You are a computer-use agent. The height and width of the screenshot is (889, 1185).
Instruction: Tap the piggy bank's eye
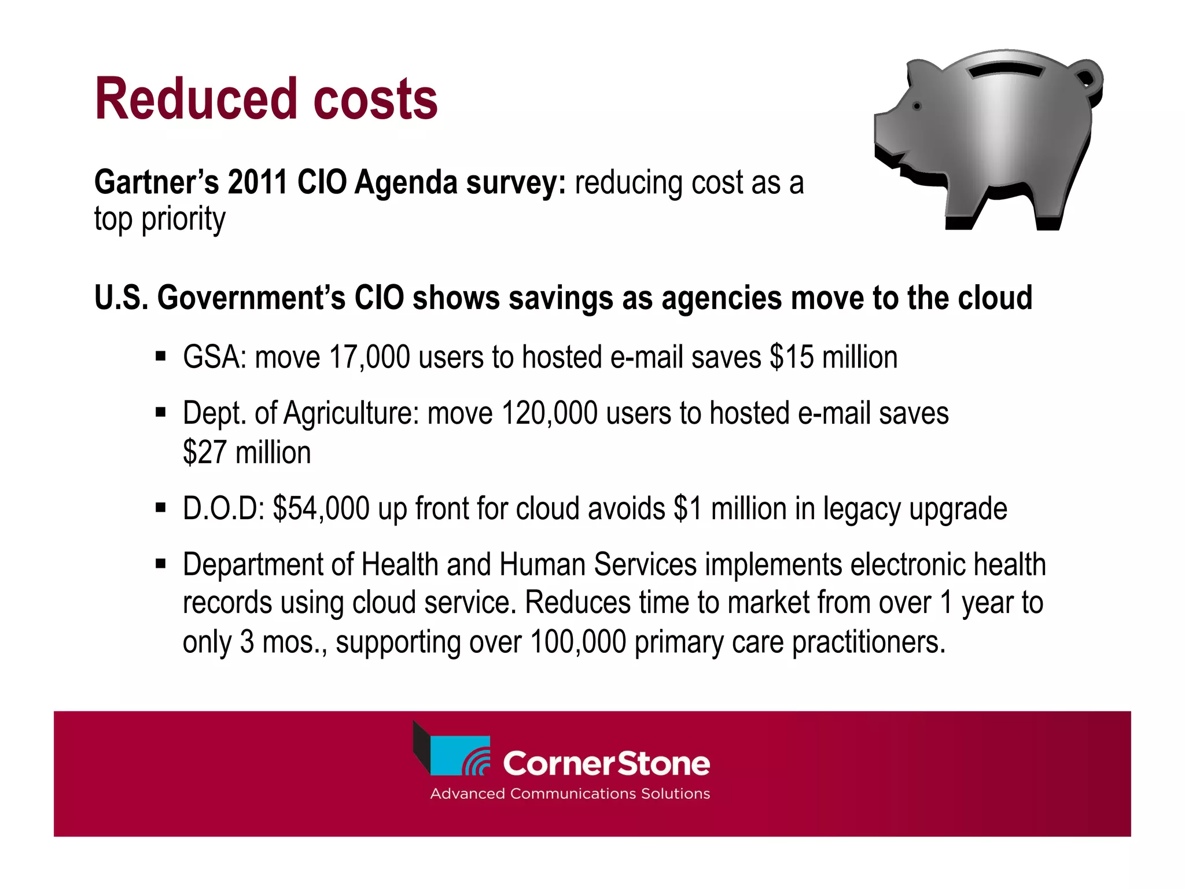point(917,106)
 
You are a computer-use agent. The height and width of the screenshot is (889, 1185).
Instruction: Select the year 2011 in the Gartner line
point(257,183)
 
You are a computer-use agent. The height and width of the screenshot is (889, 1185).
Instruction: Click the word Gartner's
point(157,183)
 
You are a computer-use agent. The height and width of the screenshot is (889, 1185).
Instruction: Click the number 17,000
point(369,357)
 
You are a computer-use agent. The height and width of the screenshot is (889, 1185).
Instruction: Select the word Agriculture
point(351,414)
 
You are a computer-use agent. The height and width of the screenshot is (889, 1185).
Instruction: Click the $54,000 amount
point(321,509)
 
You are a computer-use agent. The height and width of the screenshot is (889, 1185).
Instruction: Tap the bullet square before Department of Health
point(161,563)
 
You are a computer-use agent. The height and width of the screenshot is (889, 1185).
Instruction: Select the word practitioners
point(868,642)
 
